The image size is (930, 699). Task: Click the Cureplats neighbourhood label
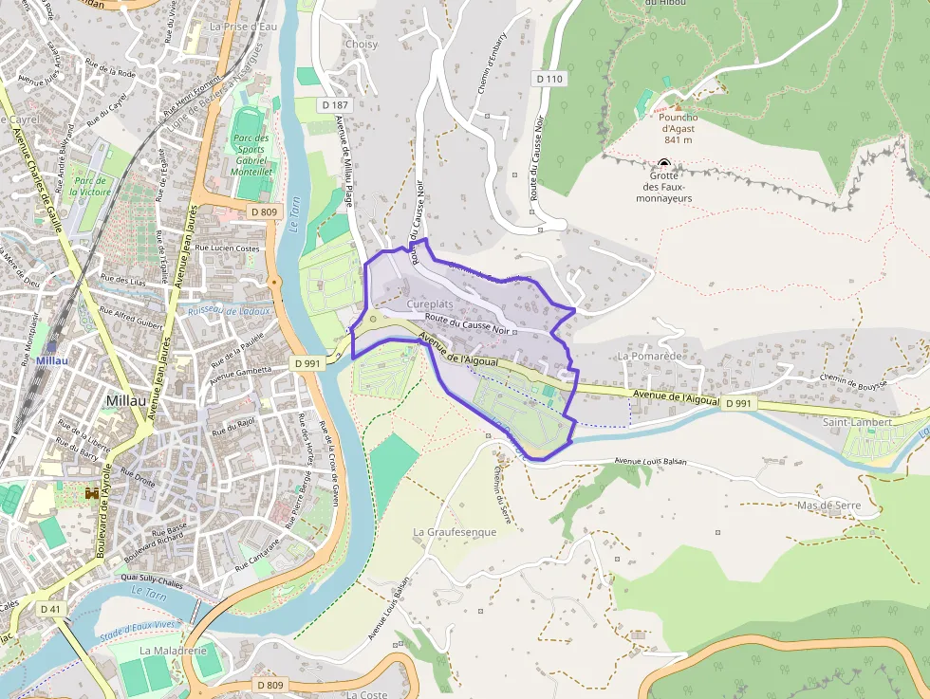[431, 304]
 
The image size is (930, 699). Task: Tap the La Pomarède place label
[650, 356]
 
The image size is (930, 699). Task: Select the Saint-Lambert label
[857, 422]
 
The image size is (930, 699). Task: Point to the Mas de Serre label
[828, 506]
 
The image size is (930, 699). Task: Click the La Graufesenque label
[455, 532]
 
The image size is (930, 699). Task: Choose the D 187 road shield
[336, 104]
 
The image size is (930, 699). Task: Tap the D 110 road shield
[549, 79]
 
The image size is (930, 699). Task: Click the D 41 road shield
[50, 608]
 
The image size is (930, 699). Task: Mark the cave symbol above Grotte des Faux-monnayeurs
[663, 163]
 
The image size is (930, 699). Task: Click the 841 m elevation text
[678, 139]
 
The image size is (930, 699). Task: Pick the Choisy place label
[361, 45]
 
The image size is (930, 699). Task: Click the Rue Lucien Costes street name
[228, 248]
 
